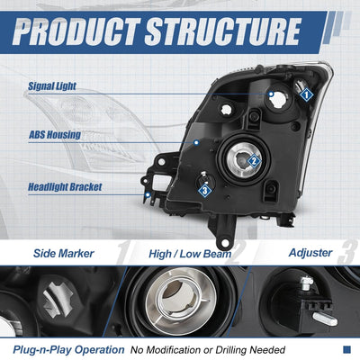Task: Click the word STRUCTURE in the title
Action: click(223, 31)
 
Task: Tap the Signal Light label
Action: click(52, 86)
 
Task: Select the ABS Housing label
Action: click(55, 135)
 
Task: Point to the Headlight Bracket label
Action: click(65, 187)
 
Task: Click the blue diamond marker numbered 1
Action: click(306, 95)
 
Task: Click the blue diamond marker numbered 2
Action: click(254, 161)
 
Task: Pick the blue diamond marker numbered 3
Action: click(205, 190)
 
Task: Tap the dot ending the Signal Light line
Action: click(271, 94)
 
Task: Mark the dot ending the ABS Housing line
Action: click(196, 142)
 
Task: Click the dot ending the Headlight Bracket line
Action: click(148, 195)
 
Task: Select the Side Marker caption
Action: click(64, 254)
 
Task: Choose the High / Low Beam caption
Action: click(190, 254)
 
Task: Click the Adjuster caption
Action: click(310, 253)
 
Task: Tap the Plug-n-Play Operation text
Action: click(68, 350)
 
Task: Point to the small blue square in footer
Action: click(346, 349)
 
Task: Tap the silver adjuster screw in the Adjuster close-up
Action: click(307, 283)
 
